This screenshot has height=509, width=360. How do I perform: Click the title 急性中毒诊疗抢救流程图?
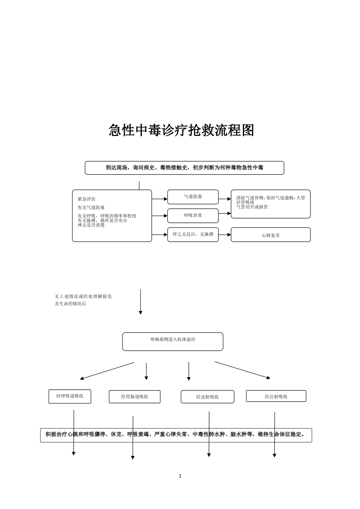181,130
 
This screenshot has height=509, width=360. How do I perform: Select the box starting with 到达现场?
184,167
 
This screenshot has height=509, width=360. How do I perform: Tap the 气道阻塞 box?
193,197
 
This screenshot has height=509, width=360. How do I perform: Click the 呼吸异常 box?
193,215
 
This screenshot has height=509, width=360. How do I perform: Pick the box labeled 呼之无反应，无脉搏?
193,234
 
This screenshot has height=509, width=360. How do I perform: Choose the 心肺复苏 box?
271,235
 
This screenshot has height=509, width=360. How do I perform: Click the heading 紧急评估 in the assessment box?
86,199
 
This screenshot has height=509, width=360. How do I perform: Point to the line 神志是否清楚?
91,225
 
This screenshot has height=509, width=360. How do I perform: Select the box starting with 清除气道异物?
271,203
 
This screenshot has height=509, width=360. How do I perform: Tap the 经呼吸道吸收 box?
70,396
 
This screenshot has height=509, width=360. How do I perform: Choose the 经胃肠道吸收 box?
135,397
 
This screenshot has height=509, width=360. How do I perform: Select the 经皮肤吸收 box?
207,397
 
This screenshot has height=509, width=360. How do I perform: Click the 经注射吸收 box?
276,396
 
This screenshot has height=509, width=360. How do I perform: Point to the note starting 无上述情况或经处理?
83,300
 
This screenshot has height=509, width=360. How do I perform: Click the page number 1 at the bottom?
180,476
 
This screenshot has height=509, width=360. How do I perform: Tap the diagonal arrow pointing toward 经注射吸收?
243,370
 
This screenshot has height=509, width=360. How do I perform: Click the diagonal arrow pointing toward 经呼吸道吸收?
107,371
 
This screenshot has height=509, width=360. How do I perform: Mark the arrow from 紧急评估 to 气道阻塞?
160,198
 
